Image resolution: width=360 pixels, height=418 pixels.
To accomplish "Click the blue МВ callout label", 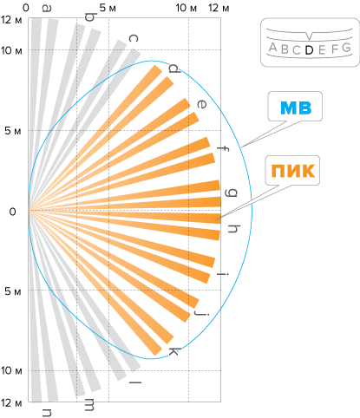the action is [x=296, y=108].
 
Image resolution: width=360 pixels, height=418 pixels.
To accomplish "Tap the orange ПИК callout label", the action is [x=292, y=171].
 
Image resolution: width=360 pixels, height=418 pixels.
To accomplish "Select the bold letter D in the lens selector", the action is [x=309, y=50].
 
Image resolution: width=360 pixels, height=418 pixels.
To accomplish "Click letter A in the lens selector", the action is [x=273, y=47].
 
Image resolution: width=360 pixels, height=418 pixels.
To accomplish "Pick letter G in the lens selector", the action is [x=346, y=48].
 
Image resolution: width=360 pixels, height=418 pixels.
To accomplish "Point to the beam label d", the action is [x=174, y=69].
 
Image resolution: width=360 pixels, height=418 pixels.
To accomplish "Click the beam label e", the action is [x=201, y=104].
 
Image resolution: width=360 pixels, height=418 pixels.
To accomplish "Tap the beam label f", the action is [x=223, y=148].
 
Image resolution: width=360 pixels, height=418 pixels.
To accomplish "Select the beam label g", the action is [x=232, y=193].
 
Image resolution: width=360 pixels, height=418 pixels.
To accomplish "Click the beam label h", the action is [x=234, y=228].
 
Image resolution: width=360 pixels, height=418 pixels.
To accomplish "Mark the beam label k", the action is [x=173, y=352].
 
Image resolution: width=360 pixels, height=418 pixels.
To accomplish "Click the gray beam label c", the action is [x=133, y=38].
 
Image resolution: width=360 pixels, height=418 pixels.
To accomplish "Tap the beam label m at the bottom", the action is [x=89, y=404].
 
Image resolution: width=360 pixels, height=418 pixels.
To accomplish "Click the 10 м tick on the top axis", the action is [x=186, y=8].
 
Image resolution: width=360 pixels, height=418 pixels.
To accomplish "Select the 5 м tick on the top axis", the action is [x=108, y=8].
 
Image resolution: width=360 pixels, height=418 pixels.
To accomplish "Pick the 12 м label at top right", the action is [x=219, y=8].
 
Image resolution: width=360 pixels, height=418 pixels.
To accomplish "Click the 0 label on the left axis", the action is [x=12, y=212].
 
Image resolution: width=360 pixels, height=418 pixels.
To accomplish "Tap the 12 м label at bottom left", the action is [x=11, y=402].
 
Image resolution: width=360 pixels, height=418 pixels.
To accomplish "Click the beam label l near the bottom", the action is [x=135, y=382].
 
